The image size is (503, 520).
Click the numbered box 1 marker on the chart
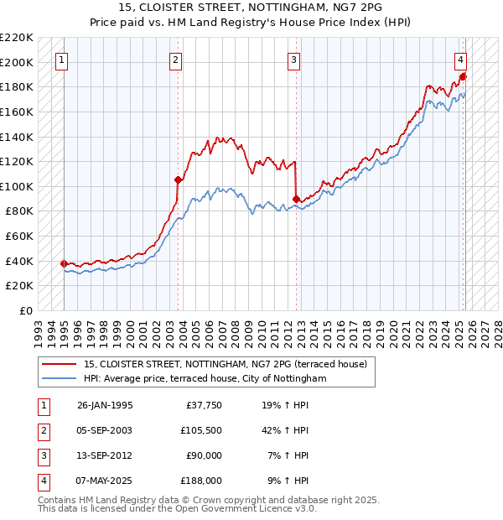64,60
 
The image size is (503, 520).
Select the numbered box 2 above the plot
176,60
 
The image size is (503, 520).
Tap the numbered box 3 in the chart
295,60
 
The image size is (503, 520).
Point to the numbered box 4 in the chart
461,60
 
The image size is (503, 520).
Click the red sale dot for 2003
178,179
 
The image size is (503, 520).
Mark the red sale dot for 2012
296,199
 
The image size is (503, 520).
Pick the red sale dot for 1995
64,263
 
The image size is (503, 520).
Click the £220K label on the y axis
18,38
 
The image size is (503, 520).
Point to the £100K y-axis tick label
18,186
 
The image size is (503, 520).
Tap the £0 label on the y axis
25,310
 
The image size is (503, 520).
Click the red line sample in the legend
59,365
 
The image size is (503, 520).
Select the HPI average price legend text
205,379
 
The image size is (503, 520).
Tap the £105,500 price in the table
202,431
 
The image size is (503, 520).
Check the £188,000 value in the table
202,481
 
